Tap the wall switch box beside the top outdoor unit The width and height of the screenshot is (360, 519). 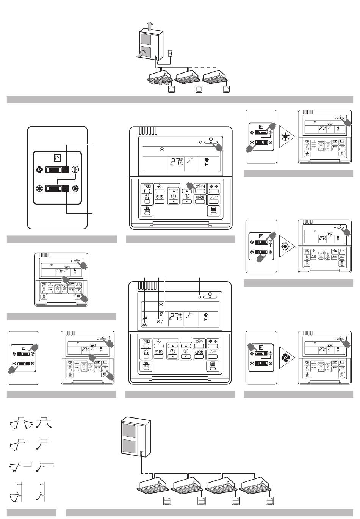(x=171, y=54)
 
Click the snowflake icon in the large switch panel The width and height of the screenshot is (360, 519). (x=39, y=189)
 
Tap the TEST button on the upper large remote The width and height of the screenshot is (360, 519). (x=147, y=211)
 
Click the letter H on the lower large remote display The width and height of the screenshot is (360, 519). (x=206, y=320)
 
